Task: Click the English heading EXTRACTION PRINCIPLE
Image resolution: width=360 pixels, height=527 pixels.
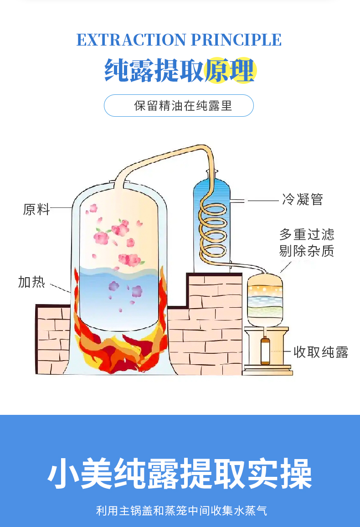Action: click(179, 40)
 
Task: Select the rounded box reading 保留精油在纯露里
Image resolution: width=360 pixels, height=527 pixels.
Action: click(179, 106)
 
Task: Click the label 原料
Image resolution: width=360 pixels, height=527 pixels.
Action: click(36, 209)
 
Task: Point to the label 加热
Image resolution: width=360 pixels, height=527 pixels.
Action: click(32, 282)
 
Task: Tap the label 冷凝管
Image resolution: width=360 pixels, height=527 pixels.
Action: click(303, 200)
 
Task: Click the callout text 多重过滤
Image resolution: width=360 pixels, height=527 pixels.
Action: click(307, 234)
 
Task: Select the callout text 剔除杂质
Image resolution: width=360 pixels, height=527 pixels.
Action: click(307, 251)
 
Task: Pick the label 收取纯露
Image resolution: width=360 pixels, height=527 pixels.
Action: click(321, 352)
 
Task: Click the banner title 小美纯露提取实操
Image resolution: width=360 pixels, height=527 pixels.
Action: click(180, 474)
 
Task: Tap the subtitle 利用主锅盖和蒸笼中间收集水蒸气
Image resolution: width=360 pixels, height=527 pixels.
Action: click(181, 511)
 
